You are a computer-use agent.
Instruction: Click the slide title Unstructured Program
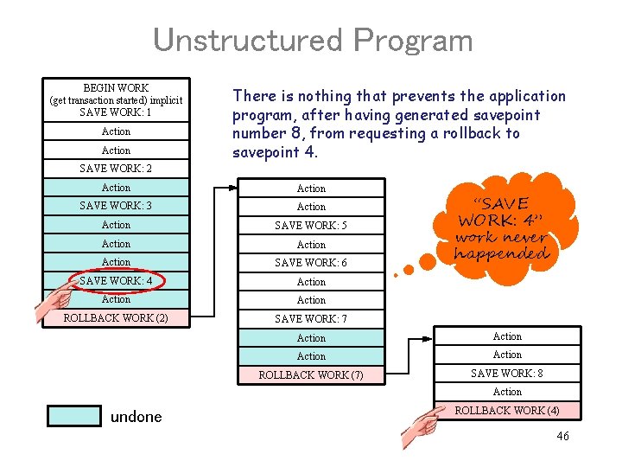[x=312, y=40]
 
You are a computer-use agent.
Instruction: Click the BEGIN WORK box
[x=116, y=100]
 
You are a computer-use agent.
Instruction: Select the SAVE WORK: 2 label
[x=116, y=169]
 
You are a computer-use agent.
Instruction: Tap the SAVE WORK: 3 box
[x=116, y=206]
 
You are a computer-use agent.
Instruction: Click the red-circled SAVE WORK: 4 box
[x=116, y=280]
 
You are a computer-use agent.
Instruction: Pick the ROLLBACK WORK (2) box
[x=116, y=317]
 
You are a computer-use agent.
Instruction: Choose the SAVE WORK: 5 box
[x=311, y=226]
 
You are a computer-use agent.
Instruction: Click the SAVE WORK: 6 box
[x=311, y=263]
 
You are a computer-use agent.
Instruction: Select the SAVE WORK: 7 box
[x=311, y=319]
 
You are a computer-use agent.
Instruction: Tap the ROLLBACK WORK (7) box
[x=311, y=375]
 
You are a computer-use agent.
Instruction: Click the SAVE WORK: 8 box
[x=507, y=373]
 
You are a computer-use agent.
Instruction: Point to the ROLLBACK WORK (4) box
[x=507, y=410]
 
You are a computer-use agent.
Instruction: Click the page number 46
[x=562, y=437]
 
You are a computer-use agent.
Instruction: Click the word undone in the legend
[x=136, y=417]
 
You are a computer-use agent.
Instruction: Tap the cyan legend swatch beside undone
[x=73, y=416]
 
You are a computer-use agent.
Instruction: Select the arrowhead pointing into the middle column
[x=233, y=187]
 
